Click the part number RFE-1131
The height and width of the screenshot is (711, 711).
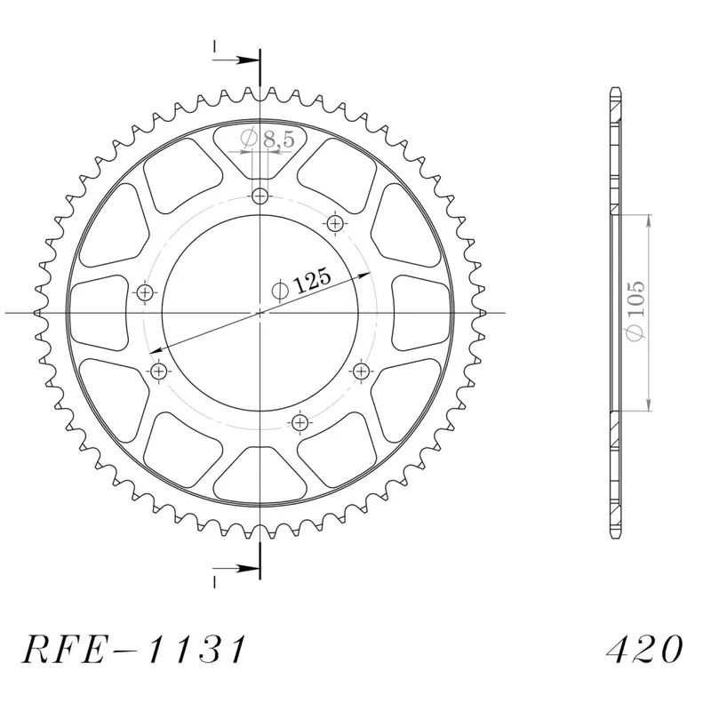click(x=134, y=650)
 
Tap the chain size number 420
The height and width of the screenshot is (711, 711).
click(x=644, y=650)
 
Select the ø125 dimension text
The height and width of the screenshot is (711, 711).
click(x=301, y=284)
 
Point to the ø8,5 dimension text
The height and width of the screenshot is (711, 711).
click(x=268, y=140)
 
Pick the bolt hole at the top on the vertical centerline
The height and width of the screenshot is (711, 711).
click(x=260, y=196)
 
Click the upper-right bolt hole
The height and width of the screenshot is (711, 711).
click(x=335, y=223)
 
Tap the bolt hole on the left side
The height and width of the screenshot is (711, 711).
click(x=145, y=293)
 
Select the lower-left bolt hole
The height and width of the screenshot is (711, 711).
click(x=158, y=371)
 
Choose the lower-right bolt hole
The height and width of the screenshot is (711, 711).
click(x=361, y=371)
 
